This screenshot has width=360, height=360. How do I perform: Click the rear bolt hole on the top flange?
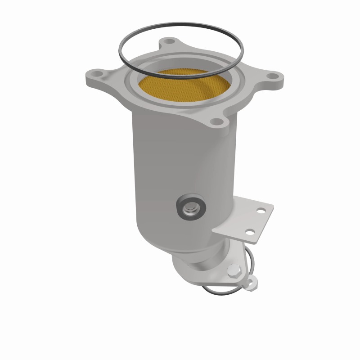pos(169,41)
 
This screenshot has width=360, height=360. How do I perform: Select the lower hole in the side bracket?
pos(247,232)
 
